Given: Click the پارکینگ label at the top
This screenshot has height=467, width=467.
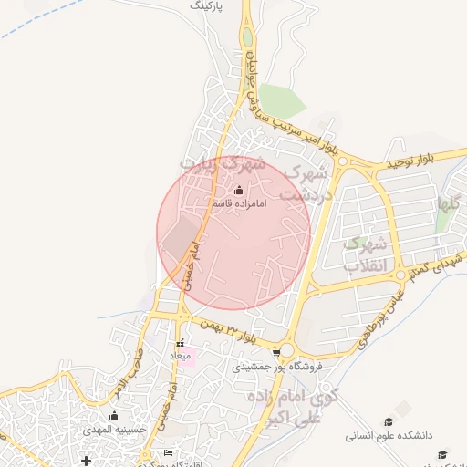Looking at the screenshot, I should (x=207, y=5).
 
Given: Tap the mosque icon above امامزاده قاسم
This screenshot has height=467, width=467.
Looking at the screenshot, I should (x=239, y=191).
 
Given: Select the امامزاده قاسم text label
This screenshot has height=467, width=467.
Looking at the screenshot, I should (x=238, y=204).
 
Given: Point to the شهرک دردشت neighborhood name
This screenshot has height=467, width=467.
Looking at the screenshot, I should (x=303, y=182).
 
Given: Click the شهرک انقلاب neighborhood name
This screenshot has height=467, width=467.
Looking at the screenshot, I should (x=368, y=254).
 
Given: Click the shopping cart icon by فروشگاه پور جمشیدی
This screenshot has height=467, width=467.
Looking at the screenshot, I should (x=276, y=351).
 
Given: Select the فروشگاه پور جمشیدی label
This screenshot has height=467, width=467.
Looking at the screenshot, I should (x=285, y=366).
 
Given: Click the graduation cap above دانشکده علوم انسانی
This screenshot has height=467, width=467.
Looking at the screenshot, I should (x=389, y=422).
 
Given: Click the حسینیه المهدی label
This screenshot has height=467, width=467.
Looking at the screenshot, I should (x=109, y=429).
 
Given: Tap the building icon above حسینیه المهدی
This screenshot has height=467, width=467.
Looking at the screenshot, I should (x=114, y=416).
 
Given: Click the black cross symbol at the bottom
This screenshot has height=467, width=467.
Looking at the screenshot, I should (x=87, y=460).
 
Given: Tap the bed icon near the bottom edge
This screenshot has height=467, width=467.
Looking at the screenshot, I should (x=168, y=453).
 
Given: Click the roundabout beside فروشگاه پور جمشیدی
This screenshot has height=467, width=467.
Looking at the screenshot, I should (x=286, y=349).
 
